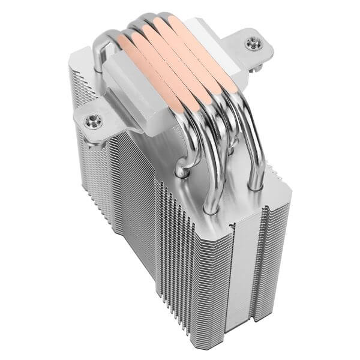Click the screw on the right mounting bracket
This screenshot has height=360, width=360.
pos(250,42)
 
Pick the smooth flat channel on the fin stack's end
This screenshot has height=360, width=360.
pos(243,270)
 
